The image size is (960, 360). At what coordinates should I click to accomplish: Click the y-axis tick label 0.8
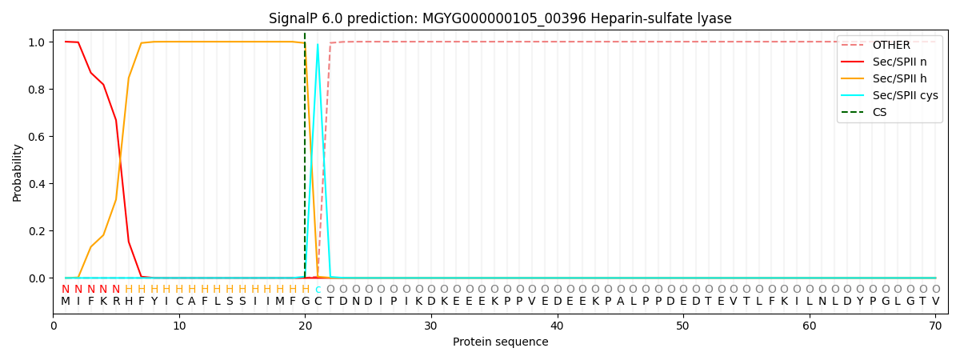pos(37,90)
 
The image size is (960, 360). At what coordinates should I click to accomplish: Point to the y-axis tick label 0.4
pos(37,184)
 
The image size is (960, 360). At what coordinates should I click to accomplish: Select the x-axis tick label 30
pos(430,326)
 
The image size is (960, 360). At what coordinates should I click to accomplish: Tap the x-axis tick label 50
pos(682,326)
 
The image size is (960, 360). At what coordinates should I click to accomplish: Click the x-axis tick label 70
pos(935,326)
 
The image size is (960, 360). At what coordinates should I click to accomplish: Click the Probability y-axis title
pos(17,173)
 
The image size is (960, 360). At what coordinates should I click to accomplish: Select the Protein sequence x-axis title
pos(500,342)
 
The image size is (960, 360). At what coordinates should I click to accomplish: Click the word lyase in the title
pos(717,18)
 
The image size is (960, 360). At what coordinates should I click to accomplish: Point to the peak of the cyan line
pos(318,44)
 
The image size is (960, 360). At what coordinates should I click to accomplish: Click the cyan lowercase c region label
pos(318,290)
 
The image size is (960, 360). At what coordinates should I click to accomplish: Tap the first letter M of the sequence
pos(65,302)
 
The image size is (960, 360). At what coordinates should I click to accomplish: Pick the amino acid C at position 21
pos(318,302)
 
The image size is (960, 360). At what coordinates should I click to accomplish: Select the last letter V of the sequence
pos(935,302)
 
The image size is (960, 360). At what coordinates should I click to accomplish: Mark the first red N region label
pos(65,290)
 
